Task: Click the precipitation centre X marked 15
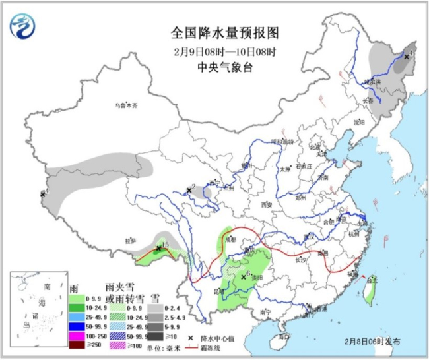(x=158, y=249)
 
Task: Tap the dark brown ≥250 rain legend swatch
(x=81, y=345)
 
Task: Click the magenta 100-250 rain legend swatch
(x=81, y=336)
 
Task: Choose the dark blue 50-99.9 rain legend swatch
(x=81, y=326)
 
